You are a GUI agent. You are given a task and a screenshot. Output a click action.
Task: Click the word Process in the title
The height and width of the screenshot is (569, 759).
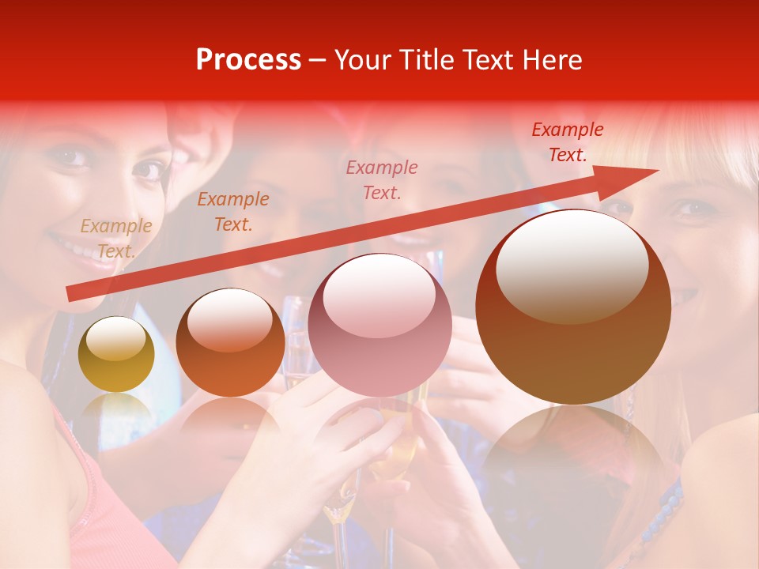point(248,60)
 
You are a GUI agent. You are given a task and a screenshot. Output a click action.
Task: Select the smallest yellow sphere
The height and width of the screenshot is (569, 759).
point(116,354)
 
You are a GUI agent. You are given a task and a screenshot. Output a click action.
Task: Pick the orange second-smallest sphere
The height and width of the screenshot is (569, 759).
point(230,342)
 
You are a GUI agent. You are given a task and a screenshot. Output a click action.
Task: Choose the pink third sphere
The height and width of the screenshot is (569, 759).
point(379,324)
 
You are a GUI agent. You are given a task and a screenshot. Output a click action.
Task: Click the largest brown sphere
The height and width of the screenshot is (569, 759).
point(573,307)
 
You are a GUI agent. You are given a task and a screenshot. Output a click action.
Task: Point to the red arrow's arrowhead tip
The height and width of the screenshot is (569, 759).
point(658,170)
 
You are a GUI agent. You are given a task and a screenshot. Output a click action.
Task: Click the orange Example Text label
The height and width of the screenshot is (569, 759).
point(232,212)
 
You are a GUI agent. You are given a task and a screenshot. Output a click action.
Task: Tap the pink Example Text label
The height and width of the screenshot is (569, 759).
point(382,179)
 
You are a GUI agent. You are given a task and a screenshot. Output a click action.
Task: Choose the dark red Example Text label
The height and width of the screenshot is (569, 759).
point(567,142)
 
